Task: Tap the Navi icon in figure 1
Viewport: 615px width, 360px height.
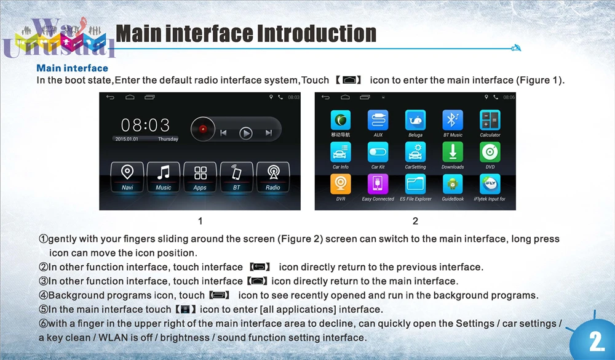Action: pos(127,173)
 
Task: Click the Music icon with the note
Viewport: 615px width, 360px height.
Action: pos(164,173)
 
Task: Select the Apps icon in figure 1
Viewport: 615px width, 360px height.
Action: pos(200,173)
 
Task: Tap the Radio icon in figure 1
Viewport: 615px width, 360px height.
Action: pos(272,173)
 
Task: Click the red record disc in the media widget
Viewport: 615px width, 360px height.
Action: pos(203,130)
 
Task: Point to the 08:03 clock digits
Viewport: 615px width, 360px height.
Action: pos(145,125)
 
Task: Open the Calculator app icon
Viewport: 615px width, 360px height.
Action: pos(490,120)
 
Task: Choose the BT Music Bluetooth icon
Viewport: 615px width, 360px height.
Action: pos(453,120)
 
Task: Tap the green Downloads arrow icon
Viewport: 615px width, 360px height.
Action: pos(453,152)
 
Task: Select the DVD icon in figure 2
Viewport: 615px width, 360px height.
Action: pos(490,152)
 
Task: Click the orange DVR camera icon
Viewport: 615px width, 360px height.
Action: pos(341,184)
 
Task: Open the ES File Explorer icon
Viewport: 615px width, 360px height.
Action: pos(416,184)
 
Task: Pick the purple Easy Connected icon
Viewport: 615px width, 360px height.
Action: pos(378,184)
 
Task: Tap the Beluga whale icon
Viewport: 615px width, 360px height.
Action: pos(416,120)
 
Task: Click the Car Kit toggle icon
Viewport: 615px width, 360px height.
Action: pos(378,152)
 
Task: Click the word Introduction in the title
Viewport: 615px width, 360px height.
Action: pos(316,33)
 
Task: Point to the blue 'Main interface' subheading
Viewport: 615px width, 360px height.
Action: pos(72,68)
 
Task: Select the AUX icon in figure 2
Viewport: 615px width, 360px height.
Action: pos(378,120)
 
